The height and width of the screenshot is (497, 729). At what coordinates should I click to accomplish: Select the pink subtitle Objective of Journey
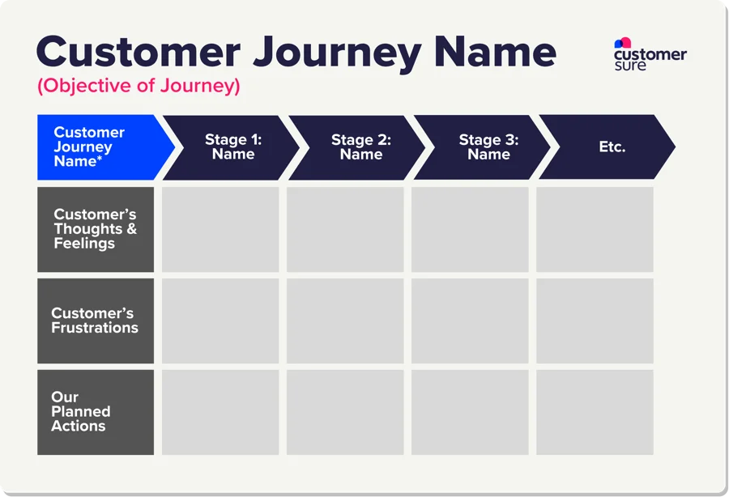[139, 87]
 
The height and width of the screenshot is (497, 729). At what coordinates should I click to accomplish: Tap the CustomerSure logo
[650, 54]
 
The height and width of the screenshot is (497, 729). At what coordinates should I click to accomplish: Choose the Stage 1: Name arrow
[233, 147]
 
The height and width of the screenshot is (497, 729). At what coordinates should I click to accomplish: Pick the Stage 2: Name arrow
[360, 147]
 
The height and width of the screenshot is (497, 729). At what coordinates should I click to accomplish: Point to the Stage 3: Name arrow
[488, 147]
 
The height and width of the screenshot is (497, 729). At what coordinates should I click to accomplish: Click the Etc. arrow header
[612, 147]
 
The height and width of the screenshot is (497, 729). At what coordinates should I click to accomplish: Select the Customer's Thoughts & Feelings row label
[96, 229]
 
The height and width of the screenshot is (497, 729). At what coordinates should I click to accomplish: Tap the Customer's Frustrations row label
[96, 321]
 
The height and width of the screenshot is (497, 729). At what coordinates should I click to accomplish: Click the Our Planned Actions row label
[96, 412]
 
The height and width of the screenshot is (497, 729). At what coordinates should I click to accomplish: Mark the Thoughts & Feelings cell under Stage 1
[220, 229]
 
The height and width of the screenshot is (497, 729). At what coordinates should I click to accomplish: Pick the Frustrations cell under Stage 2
[345, 321]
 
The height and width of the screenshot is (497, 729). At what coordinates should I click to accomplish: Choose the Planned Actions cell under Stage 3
[470, 412]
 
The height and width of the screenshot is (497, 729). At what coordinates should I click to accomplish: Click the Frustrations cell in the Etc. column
[595, 321]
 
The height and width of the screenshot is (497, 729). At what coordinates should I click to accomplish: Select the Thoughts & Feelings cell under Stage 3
[470, 229]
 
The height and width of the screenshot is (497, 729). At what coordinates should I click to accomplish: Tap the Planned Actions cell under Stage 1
[220, 412]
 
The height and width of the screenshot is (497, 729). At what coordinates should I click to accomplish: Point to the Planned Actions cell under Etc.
[595, 412]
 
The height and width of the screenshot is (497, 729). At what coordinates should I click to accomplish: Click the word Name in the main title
[495, 53]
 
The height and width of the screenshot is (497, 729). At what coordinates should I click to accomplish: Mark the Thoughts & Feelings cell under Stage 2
[345, 229]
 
